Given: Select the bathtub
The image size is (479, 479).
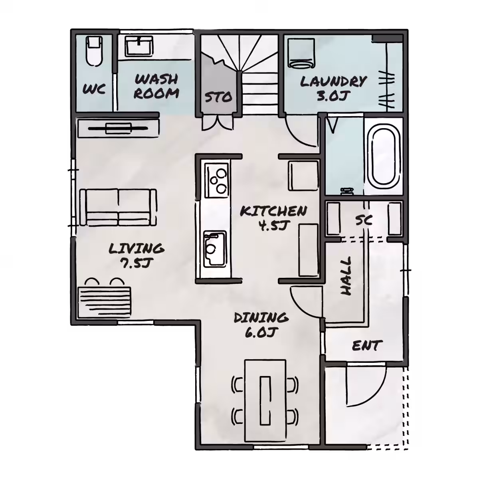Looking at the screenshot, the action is pyautogui.click(x=383, y=156).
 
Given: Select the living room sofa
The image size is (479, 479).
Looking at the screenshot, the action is pyautogui.click(x=118, y=207).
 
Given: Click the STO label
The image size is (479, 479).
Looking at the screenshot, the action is pyautogui.click(x=218, y=97).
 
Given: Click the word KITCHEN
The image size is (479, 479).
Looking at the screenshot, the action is pyautogui.click(x=273, y=212).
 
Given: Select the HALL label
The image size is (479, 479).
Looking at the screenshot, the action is pyautogui.click(x=346, y=276).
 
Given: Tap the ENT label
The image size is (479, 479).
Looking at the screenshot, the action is pyautogui.click(x=366, y=345).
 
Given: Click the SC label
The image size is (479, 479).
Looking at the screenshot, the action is pyautogui.click(x=364, y=220).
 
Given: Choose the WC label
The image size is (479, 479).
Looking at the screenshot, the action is pyautogui.click(x=94, y=89).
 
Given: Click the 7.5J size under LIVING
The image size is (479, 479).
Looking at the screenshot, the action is pyautogui.click(x=136, y=263).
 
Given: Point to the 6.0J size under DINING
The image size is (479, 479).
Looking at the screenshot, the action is pyautogui.click(x=261, y=332).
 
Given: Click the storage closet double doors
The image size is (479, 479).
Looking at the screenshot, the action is pyautogui.click(x=218, y=122).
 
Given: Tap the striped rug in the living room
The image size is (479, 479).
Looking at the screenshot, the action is pyautogui.click(x=105, y=302).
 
